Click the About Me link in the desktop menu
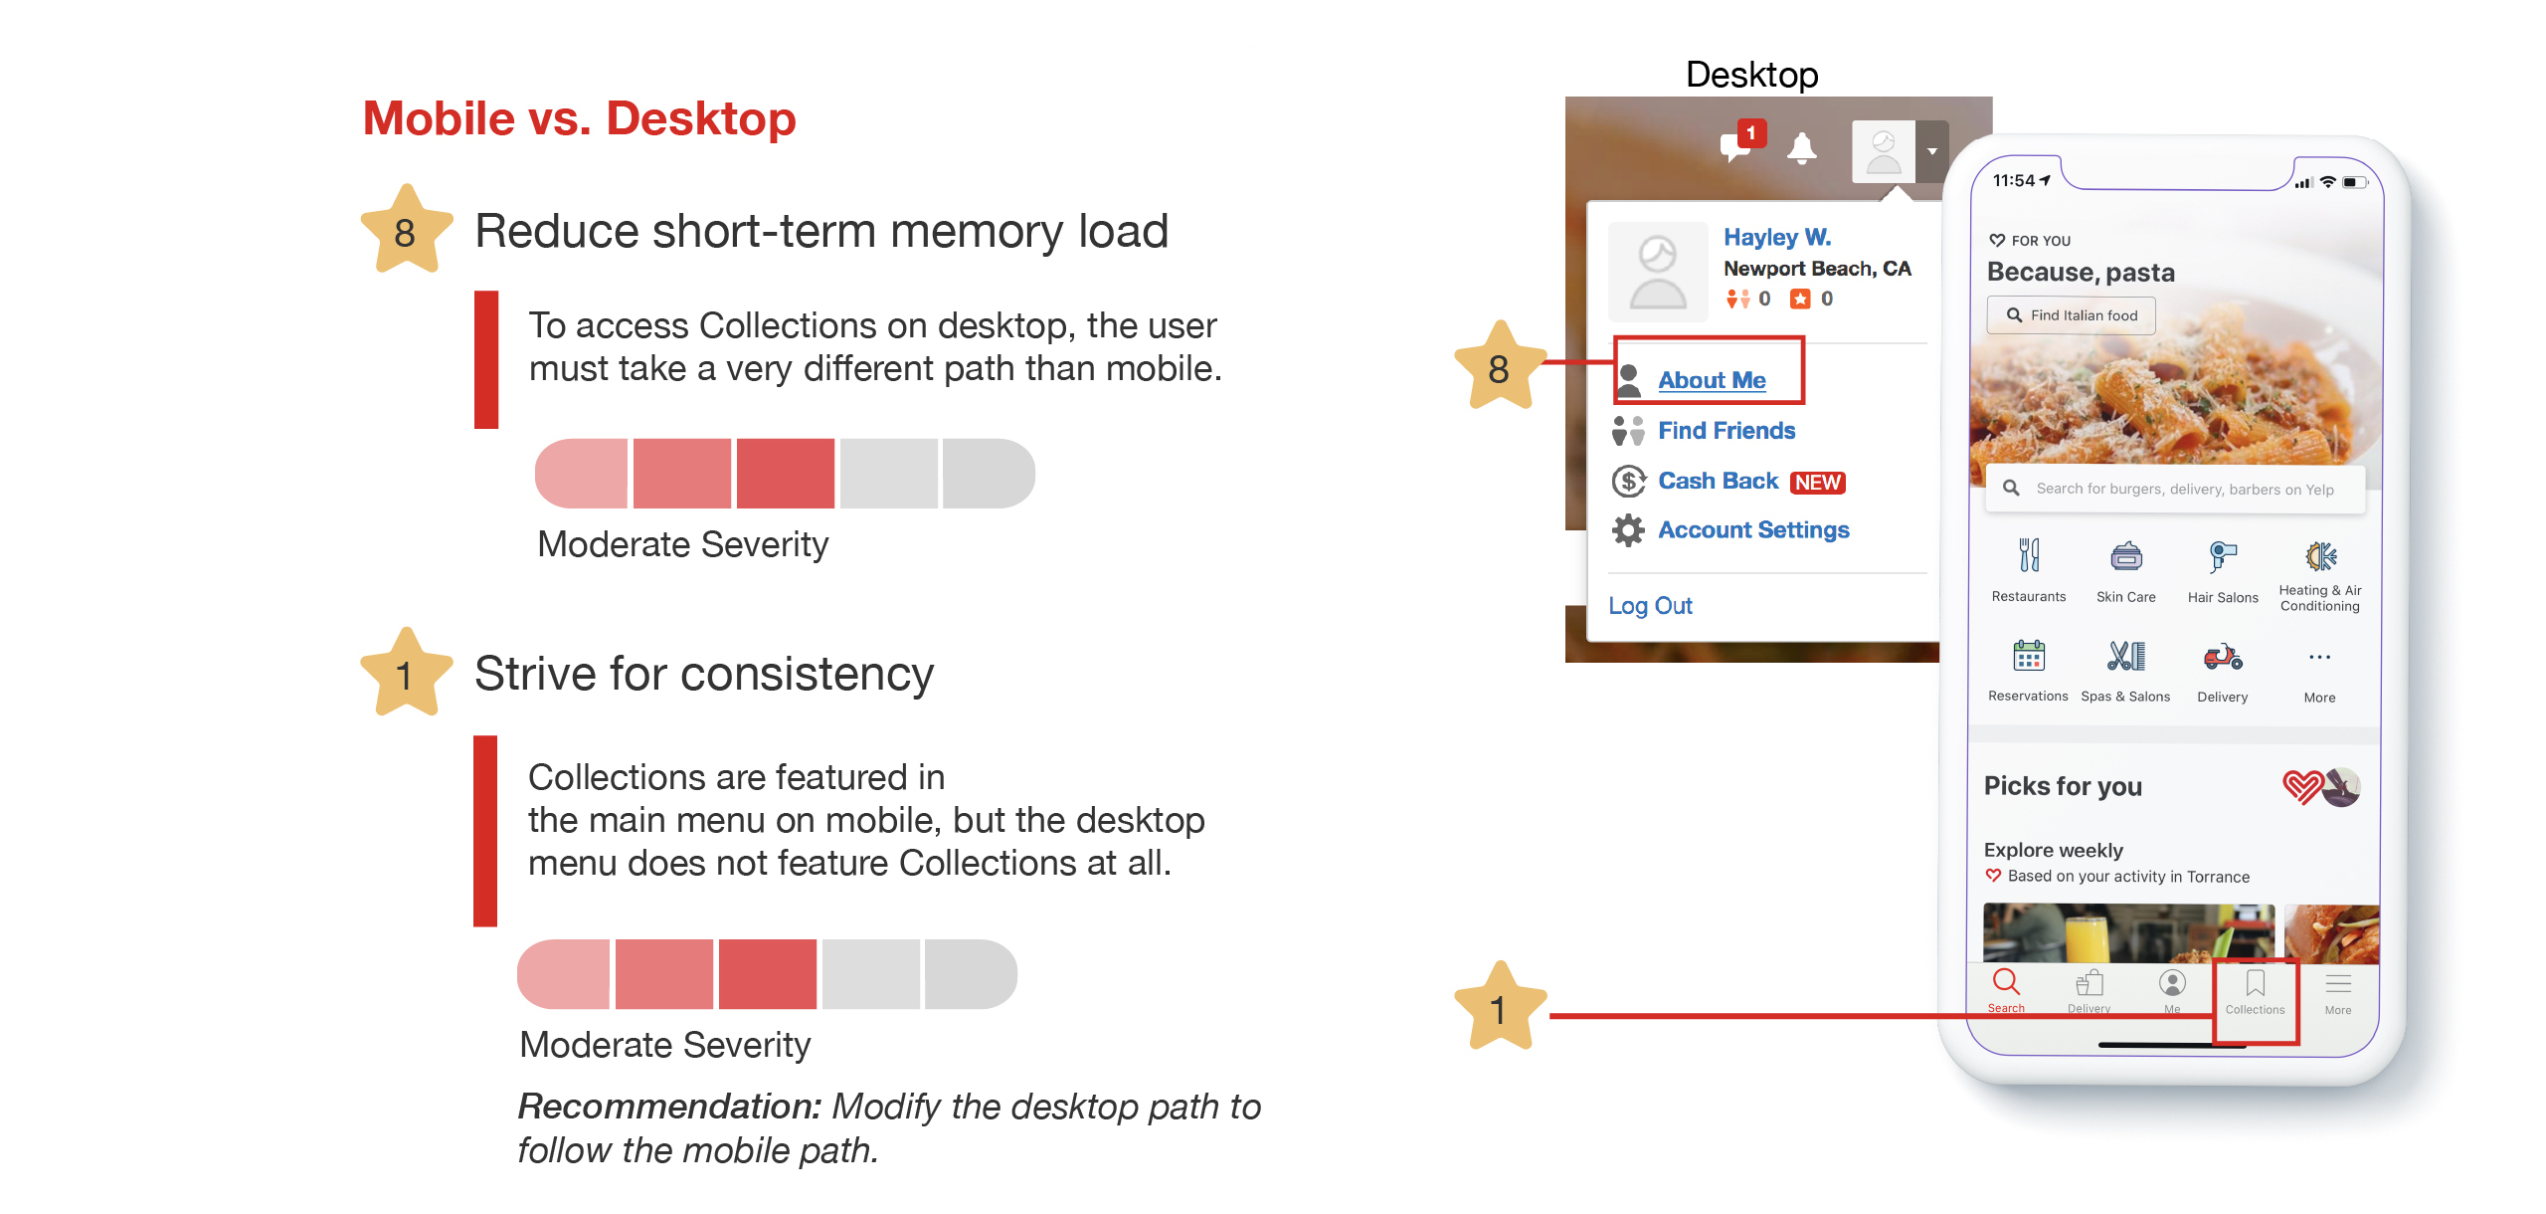click(1712, 380)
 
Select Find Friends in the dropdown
click(1727, 431)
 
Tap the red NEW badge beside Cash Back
click(1818, 483)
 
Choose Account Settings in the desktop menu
click(1753, 530)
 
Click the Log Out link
click(1650, 606)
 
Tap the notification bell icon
click(1801, 149)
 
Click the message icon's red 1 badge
click(1751, 132)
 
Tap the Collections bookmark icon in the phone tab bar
click(2256, 983)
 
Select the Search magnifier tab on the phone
click(2006, 982)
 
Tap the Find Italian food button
click(2072, 315)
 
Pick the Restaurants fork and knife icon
click(2029, 555)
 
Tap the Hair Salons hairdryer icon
click(2223, 556)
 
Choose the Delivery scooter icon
click(2223, 657)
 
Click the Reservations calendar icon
click(2029, 656)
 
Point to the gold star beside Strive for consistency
click(406, 674)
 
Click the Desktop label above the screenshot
click(1752, 75)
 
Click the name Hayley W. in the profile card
click(1777, 237)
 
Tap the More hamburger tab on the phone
click(2338, 984)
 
